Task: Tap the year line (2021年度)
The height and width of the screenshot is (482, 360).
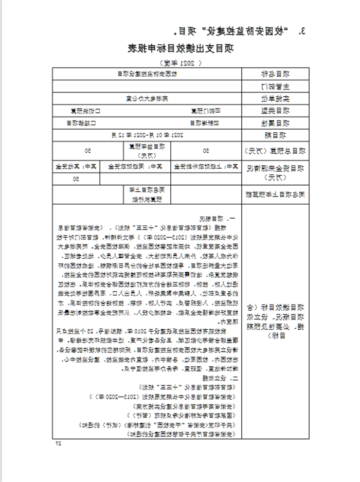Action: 180,63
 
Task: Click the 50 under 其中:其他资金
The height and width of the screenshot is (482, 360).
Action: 75,178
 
